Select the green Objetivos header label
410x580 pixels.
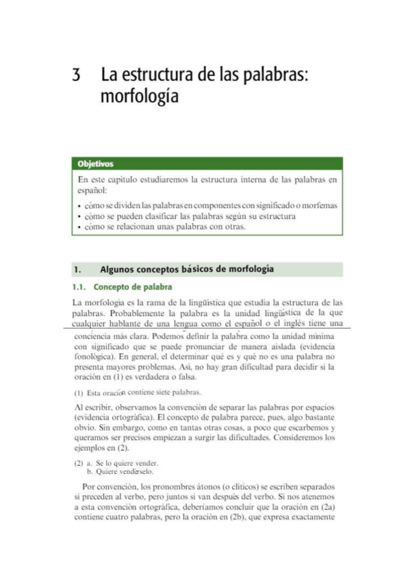point(95,164)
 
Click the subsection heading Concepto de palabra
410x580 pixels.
point(133,287)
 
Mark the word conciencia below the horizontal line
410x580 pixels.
point(94,337)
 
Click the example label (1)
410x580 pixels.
point(77,393)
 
